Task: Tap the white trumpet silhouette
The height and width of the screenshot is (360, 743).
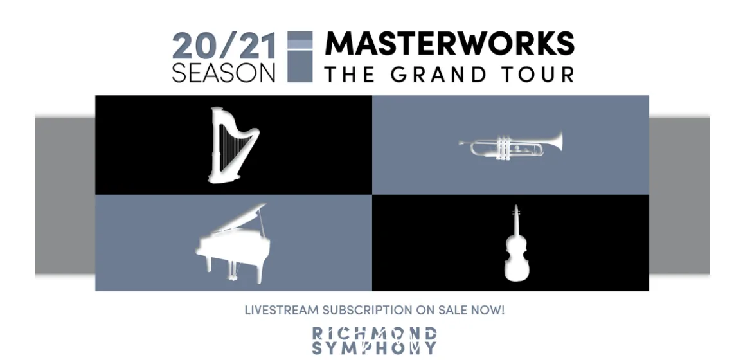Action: [x=510, y=145]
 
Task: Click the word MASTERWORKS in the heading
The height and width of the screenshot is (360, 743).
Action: [x=449, y=44]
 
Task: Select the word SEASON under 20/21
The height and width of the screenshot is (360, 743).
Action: [x=224, y=73]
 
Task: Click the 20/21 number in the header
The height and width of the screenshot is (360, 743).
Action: [x=224, y=47]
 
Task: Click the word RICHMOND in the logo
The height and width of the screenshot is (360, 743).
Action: [x=374, y=333]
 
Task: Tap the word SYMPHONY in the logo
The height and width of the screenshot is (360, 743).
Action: [x=374, y=348]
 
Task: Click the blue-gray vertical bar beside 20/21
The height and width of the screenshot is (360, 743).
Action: [x=300, y=57]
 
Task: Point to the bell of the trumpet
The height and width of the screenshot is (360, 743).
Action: [x=557, y=141]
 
